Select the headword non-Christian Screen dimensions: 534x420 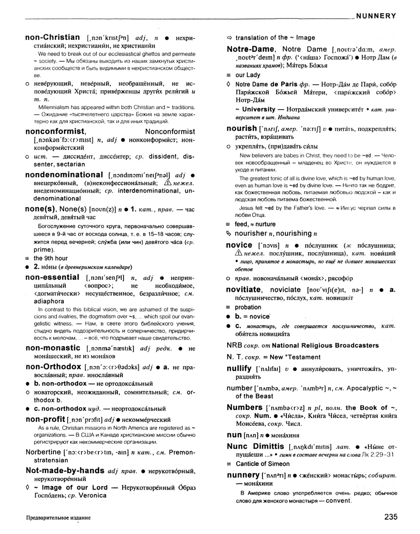pyautogui.click(x=52, y=37)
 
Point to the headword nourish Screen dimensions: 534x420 pyautogui.click(x=241, y=128)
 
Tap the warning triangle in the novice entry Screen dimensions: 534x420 pyautogui.click(x=233, y=253)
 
